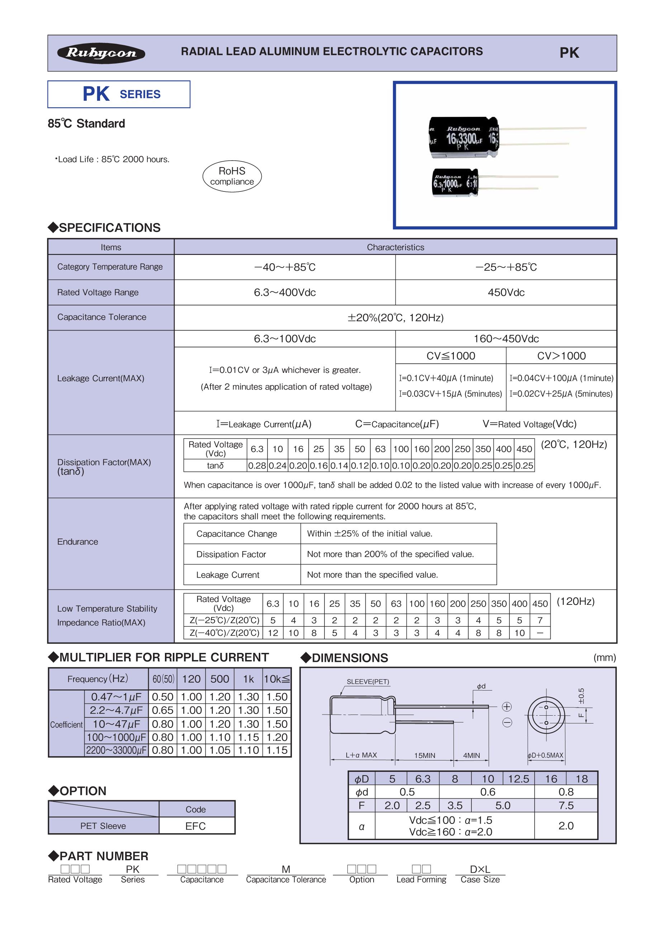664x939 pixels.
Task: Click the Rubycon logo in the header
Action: tap(101, 53)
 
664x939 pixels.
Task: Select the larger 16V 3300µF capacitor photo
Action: tap(464, 137)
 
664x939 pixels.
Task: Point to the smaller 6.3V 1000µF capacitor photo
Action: tap(455, 182)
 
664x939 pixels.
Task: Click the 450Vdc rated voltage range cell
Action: tap(506, 293)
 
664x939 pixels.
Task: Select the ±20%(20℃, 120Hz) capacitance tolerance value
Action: tap(395, 318)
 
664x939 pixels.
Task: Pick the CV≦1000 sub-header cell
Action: tap(451, 356)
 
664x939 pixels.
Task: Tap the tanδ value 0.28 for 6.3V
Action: tap(257, 465)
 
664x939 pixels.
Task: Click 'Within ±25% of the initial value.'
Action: tap(370, 534)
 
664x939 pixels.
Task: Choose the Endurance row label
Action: tap(78, 542)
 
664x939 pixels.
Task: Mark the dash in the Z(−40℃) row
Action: tap(540, 633)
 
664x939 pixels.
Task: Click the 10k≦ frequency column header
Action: tap(277, 679)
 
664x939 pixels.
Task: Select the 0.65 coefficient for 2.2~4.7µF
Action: tap(162, 710)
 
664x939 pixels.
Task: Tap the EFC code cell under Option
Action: tap(195, 826)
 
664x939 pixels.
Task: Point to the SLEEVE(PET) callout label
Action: tap(367, 682)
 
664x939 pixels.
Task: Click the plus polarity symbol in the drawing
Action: tap(507, 707)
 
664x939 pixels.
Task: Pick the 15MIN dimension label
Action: tap(425, 755)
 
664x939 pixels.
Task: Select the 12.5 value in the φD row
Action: tap(518, 779)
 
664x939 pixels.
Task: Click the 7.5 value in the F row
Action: tap(566, 806)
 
